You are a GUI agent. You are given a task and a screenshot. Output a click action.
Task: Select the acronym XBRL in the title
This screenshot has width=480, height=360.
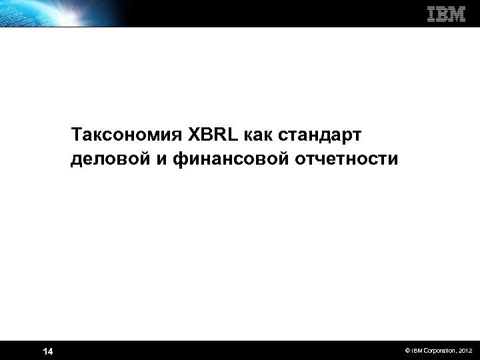(x=213, y=135)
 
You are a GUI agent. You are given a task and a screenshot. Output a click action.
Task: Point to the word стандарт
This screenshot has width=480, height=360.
(x=318, y=135)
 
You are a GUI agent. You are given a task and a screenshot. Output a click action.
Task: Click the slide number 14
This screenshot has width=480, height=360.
(x=47, y=351)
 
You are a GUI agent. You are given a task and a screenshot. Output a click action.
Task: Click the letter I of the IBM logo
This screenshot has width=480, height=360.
(x=431, y=13)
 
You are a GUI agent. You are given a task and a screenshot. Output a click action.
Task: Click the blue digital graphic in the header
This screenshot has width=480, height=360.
(x=60, y=13)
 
